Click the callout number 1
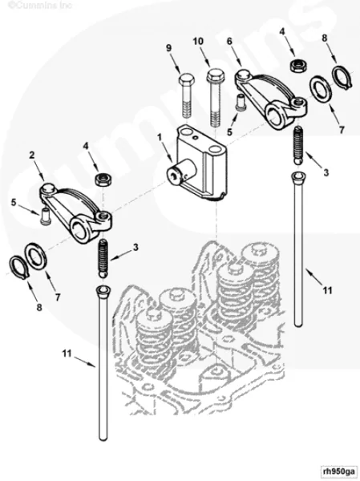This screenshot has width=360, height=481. pyautogui.click(x=160, y=137)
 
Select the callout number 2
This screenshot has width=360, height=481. pyautogui.click(x=32, y=156)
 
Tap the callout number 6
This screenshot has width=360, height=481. pyautogui.click(x=229, y=41)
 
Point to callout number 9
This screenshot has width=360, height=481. pyautogui.click(x=168, y=48)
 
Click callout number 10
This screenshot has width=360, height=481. pyautogui.click(x=198, y=42)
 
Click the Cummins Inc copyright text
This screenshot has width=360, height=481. pyautogui.click(x=39, y=6)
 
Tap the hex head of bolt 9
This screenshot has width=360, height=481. pyautogui.click(x=186, y=80)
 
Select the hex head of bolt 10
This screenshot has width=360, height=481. pyautogui.click(x=215, y=75)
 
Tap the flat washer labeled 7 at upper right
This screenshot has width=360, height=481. pyautogui.click(x=320, y=90)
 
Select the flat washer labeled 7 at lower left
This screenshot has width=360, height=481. pyautogui.click(x=37, y=257)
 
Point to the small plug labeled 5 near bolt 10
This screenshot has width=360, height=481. pyautogui.click(x=240, y=101)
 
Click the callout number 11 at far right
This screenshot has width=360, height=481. pyautogui.click(x=327, y=290)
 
